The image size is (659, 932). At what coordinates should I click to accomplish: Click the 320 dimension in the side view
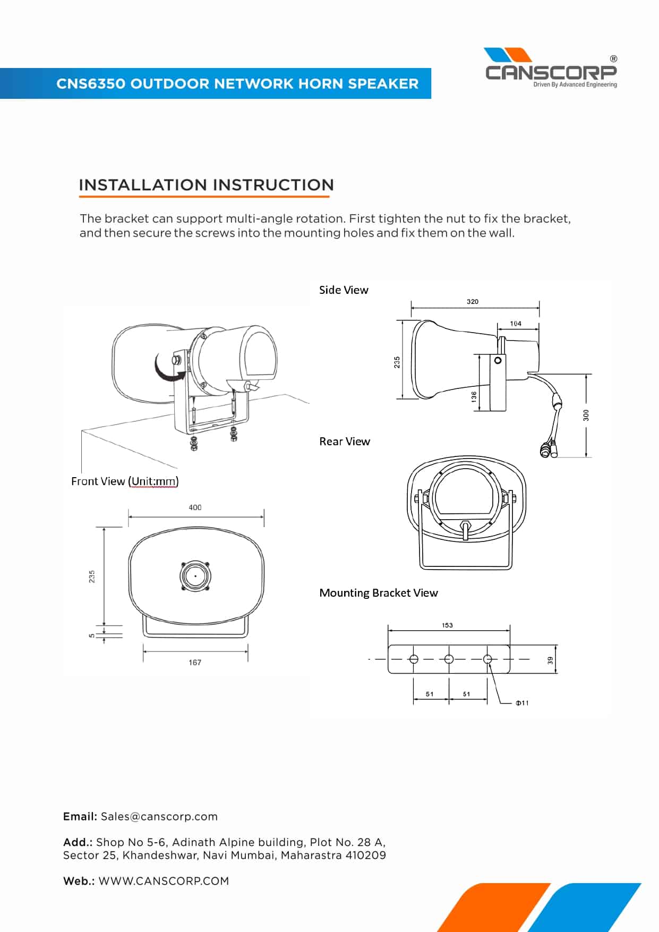pos(472,301)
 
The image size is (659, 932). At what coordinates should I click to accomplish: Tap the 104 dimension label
pos(515,323)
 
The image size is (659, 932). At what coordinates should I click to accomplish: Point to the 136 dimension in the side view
pos(474,396)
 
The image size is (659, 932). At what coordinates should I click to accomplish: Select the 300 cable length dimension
pos(586,415)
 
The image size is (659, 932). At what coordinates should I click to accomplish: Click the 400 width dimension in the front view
pos(195,507)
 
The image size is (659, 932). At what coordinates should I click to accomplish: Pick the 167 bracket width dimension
pos(195,662)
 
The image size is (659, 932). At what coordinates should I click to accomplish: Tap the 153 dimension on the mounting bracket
pos(447,625)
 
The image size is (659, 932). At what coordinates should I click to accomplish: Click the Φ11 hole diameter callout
pos(522,703)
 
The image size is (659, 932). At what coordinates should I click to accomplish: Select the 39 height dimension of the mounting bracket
pos(551,660)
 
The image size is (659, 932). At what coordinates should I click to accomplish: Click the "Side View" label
pos(344,290)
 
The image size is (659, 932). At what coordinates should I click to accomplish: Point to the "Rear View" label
pos(345,442)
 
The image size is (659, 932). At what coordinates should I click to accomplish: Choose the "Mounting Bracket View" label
pos(379,593)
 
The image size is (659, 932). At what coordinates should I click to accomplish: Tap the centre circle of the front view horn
pos(195,576)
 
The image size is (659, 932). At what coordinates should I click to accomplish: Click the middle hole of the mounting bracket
pos(449,659)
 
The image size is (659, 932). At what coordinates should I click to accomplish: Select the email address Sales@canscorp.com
pos(159,817)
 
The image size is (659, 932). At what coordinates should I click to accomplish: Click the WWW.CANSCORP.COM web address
pos(164,881)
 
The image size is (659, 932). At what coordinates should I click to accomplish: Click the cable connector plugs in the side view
pos(548,450)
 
